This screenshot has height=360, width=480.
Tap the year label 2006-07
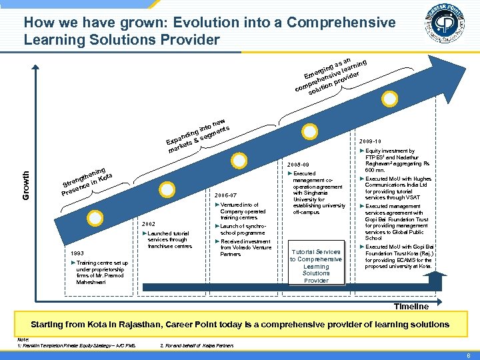tap(226, 195)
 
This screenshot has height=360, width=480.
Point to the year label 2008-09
tap(298, 165)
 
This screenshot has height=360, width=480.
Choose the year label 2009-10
tap(369, 142)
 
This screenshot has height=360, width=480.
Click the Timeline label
tap(411, 306)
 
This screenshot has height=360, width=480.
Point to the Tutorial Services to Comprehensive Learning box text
tap(316, 266)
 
